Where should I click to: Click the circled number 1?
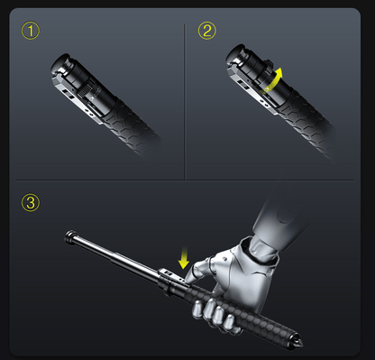pos(32,32)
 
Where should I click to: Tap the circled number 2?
pos(207,32)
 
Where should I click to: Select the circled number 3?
pos(32,202)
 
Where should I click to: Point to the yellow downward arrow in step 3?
pos(185,259)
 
